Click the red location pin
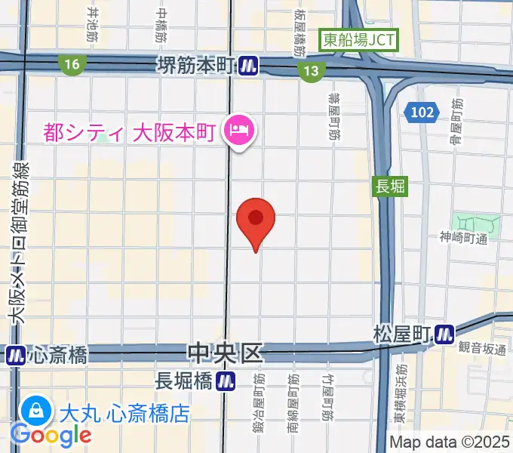[x=256, y=221]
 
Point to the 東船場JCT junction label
[x=358, y=40]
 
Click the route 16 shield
[x=72, y=66]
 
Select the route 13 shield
[x=311, y=70]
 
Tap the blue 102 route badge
[x=423, y=112]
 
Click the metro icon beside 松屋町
[x=445, y=332]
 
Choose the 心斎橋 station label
[x=57, y=353]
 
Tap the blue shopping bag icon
[x=35, y=411]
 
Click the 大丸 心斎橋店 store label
[x=124, y=413]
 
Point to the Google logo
[x=50, y=435]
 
